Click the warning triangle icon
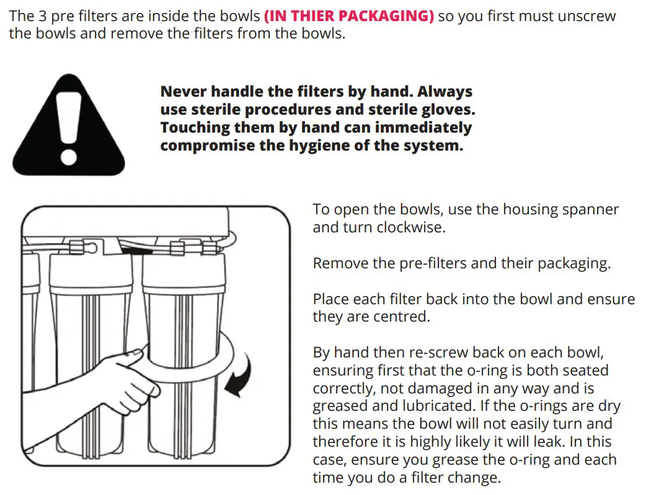[68, 128]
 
